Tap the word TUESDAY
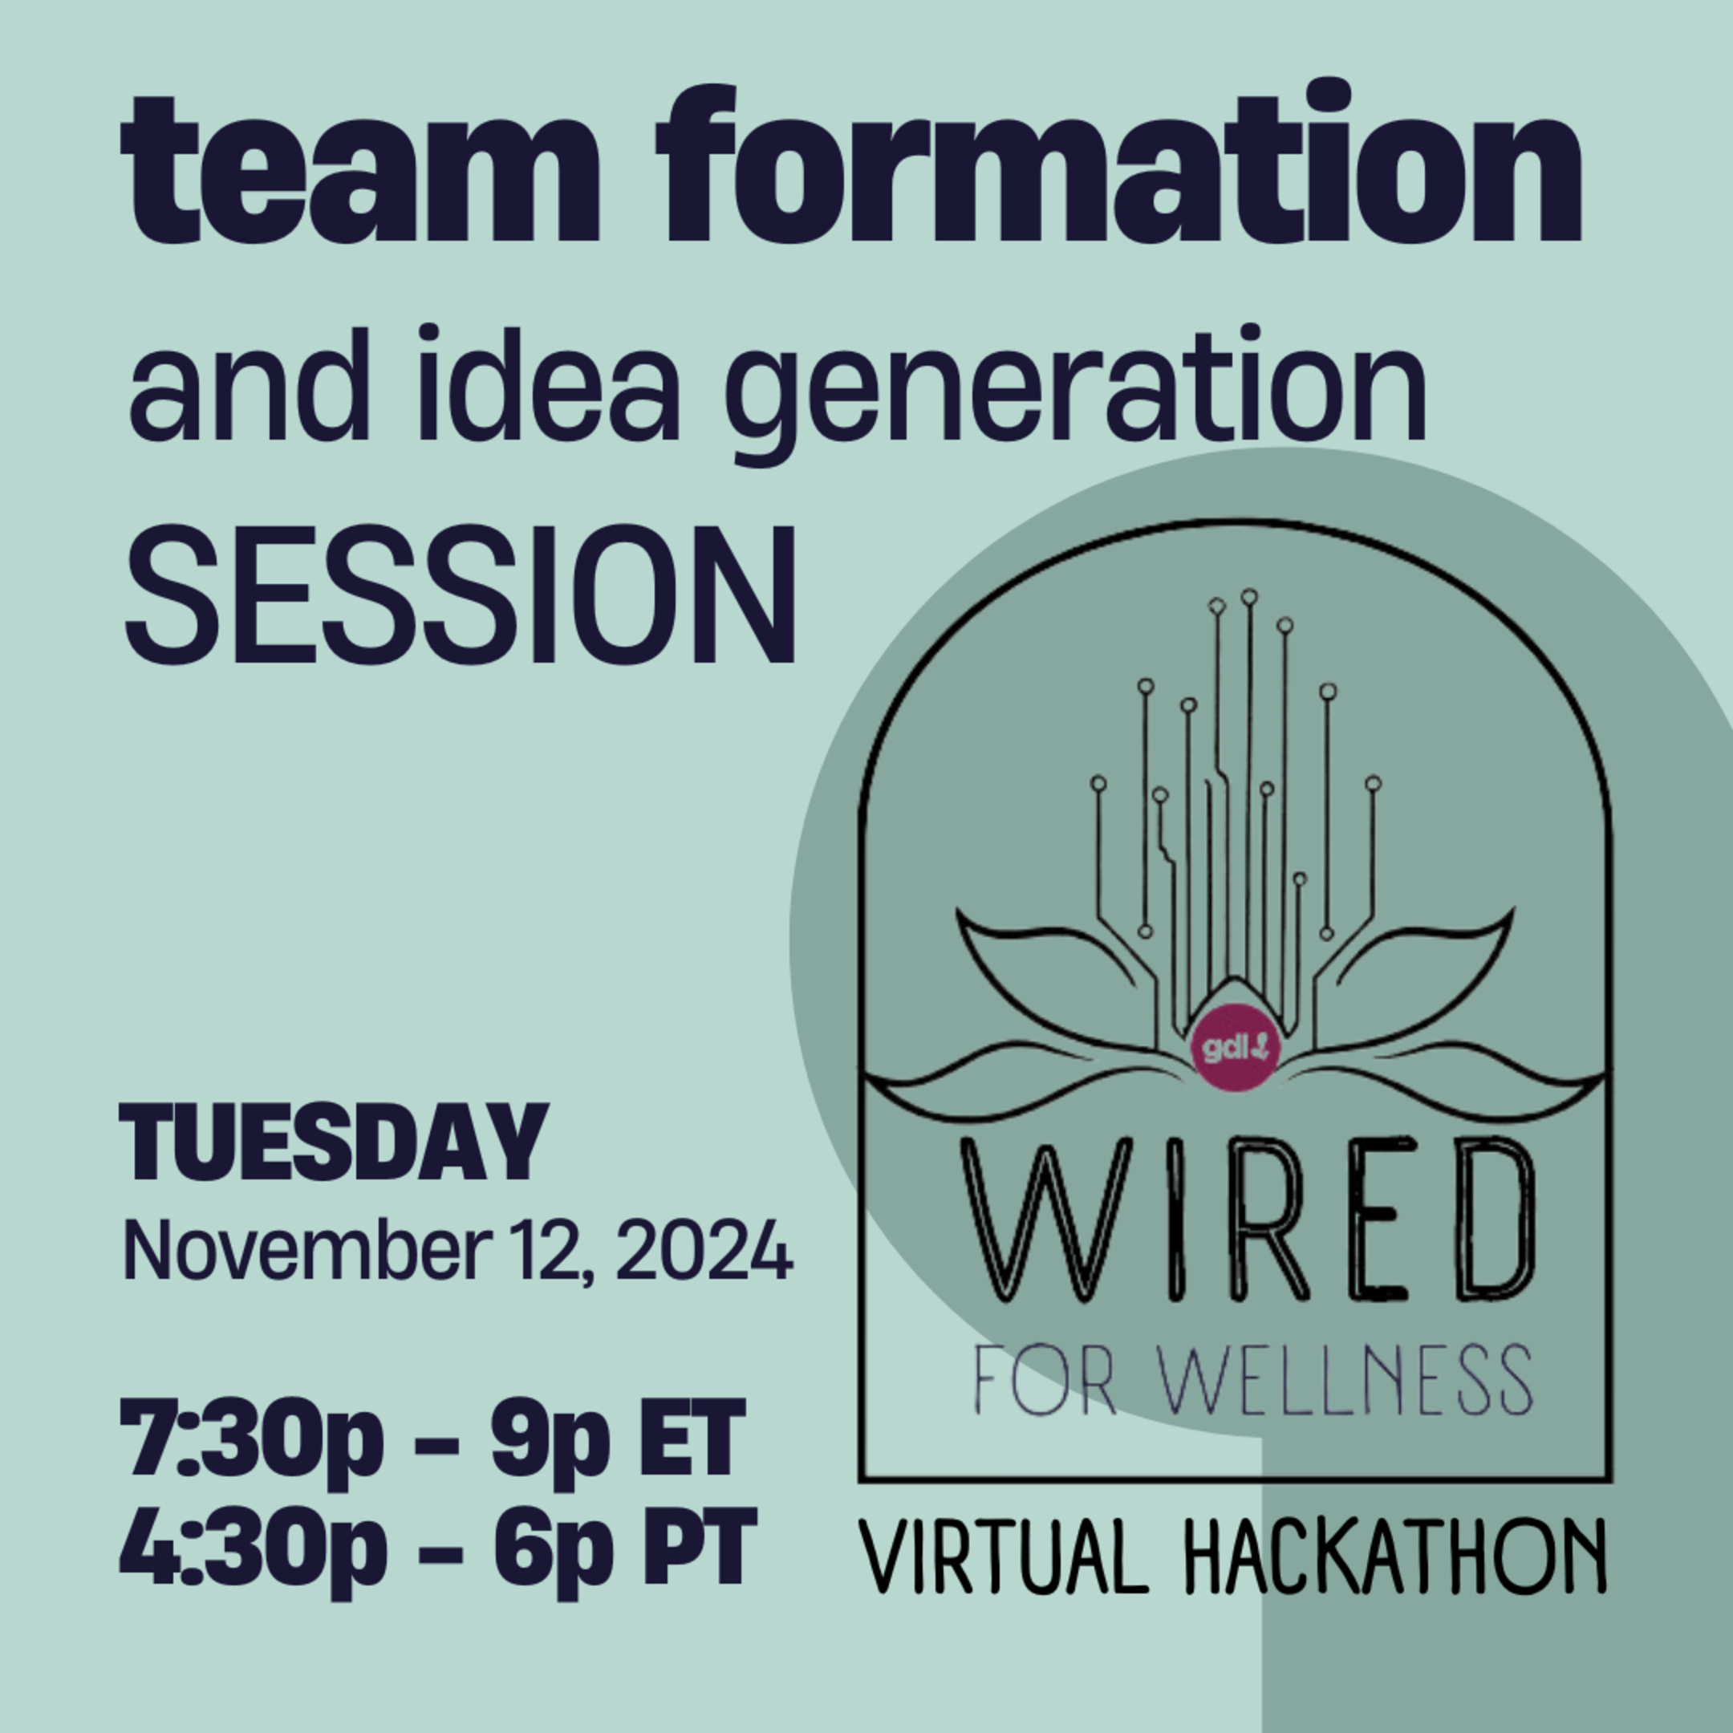[x=333, y=1143]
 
